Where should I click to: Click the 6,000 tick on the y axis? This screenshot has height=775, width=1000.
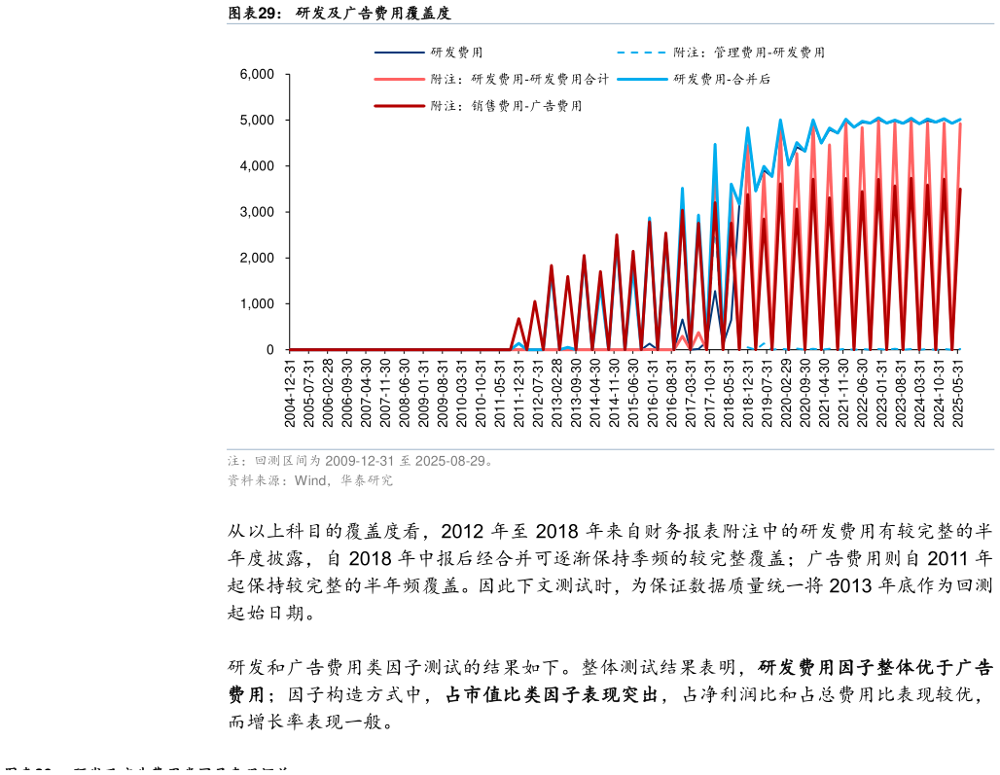click(x=257, y=75)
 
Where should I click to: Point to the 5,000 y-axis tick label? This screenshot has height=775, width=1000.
click(x=257, y=121)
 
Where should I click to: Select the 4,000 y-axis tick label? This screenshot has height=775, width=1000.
click(x=257, y=166)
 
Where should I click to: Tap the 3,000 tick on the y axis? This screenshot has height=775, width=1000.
click(x=257, y=212)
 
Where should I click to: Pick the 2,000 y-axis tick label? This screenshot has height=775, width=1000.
click(x=257, y=259)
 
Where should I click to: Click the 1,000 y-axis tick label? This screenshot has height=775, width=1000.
click(x=257, y=304)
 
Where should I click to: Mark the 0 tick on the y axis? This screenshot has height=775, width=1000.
click(x=270, y=350)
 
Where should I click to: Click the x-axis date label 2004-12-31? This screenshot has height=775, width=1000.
click(x=290, y=392)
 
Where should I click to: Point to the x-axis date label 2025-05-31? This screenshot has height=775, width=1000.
click(x=958, y=392)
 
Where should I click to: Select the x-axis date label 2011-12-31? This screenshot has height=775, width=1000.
click(x=518, y=392)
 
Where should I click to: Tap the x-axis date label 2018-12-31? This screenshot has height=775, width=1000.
click(x=748, y=392)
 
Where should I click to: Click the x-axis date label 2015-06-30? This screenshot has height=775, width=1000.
click(x=633, y=392)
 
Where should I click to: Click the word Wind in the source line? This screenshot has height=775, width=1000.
click(x=309, y=480)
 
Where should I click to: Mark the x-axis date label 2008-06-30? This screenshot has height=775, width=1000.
click(x=404, y=392)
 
